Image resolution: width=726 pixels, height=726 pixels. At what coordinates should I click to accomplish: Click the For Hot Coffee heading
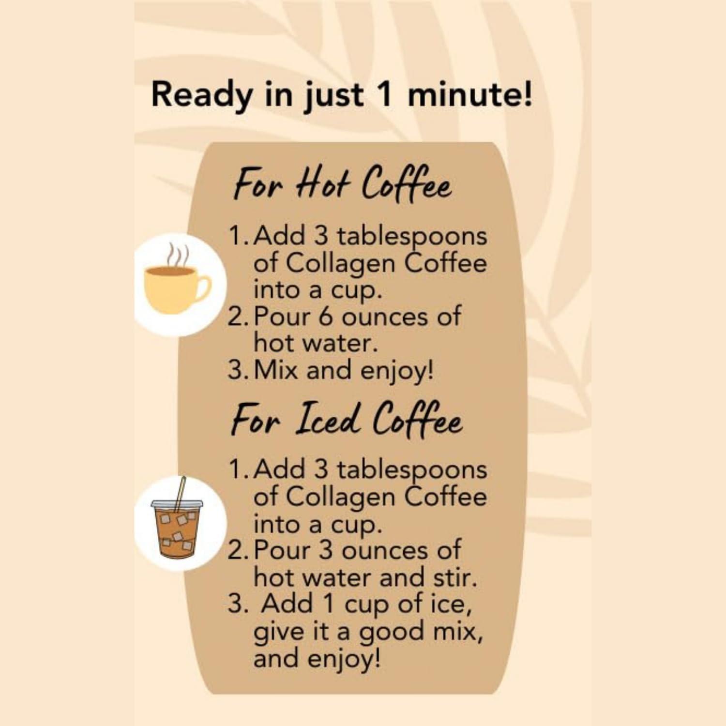[x=342, y=184]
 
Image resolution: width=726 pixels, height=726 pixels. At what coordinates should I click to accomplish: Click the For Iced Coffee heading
[x=347, y=420]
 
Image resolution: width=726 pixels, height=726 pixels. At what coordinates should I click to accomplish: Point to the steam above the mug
[x=178, y=255]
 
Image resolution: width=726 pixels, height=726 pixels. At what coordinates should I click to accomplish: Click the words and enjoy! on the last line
[x=317, y=658]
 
